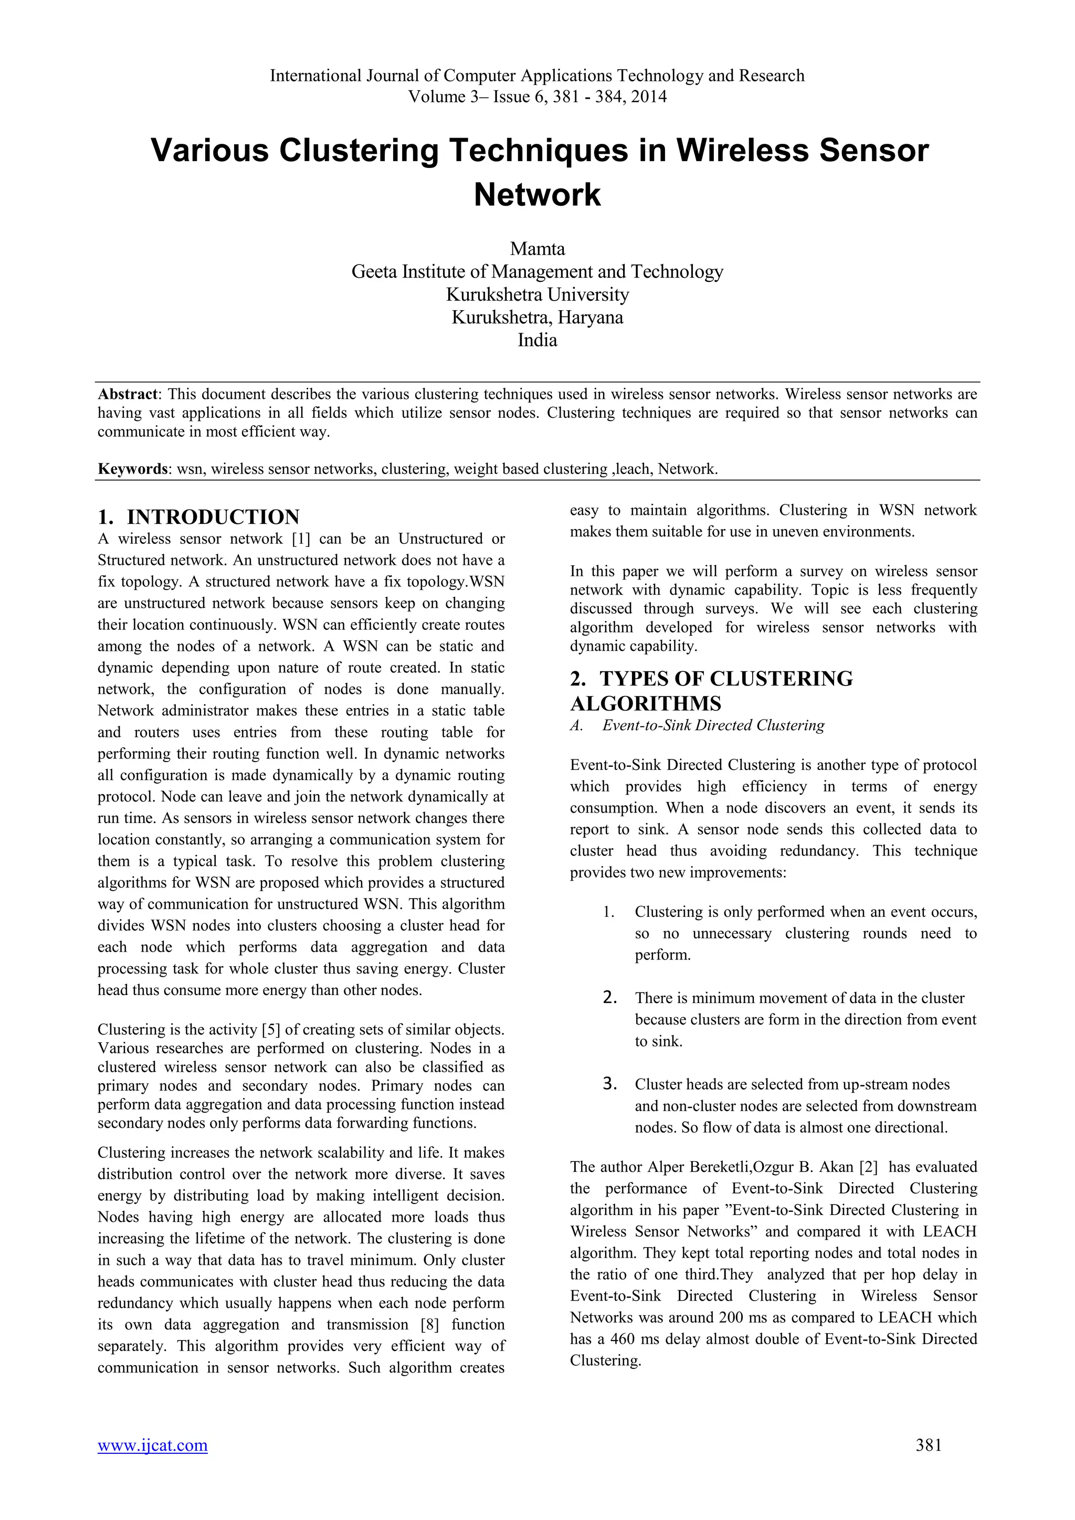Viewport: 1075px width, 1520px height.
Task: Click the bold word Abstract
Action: click(128, 395)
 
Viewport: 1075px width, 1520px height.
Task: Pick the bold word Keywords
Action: click(133, 469)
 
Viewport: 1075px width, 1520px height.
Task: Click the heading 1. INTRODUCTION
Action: click(198, 517)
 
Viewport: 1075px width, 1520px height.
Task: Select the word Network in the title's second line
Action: click(537, 195)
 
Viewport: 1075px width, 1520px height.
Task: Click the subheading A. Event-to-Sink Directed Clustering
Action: click(697, 725)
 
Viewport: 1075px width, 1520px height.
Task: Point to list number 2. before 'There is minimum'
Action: click(610, 998)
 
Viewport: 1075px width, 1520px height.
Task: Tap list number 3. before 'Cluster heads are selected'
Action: click(610, 1084)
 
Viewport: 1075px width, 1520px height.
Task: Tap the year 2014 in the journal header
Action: click(648, 97)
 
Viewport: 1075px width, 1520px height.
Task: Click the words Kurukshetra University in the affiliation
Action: click(537, 294)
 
